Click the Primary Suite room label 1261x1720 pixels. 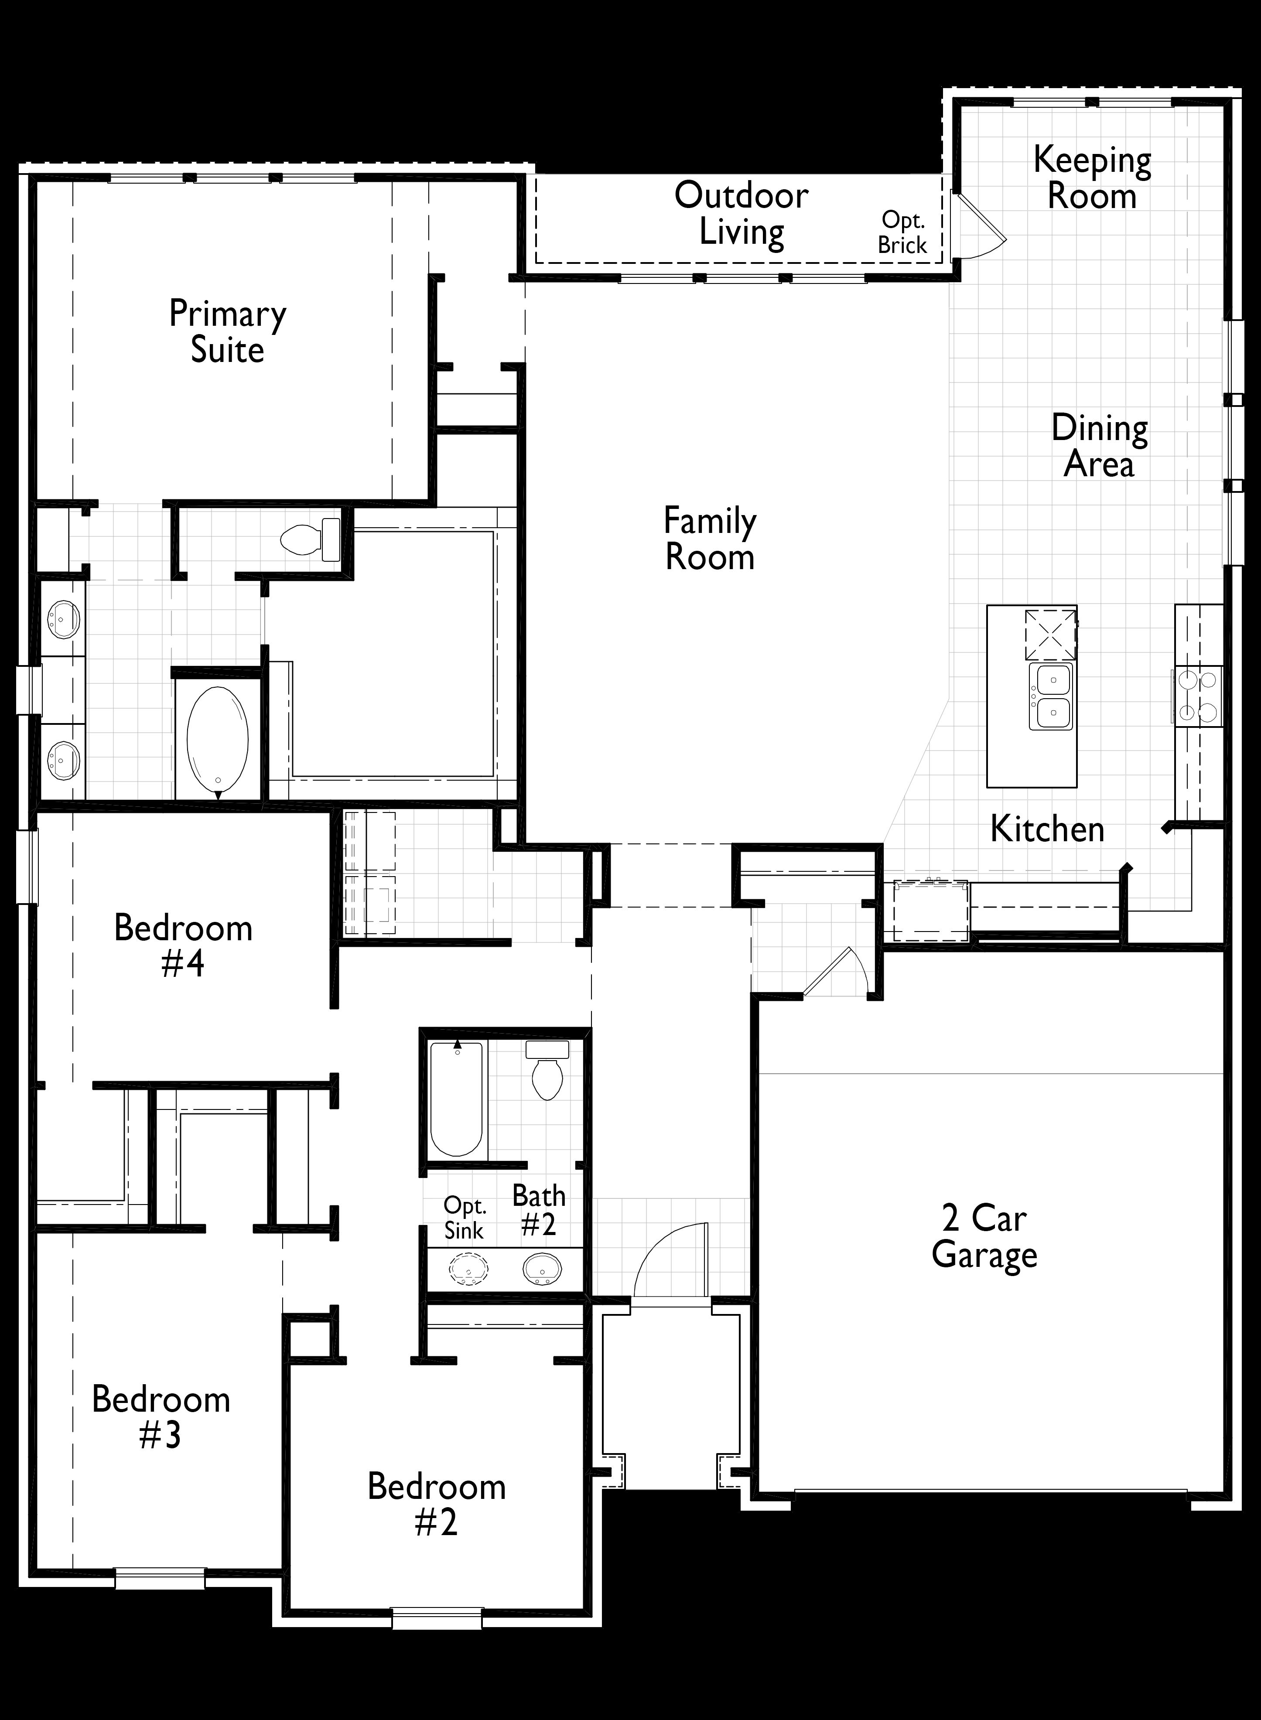(x=228, y=332)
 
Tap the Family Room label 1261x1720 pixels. (x=710, y=539)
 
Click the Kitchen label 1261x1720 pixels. (x=1047, y=829)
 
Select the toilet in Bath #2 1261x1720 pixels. (x=547, y=1070)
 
